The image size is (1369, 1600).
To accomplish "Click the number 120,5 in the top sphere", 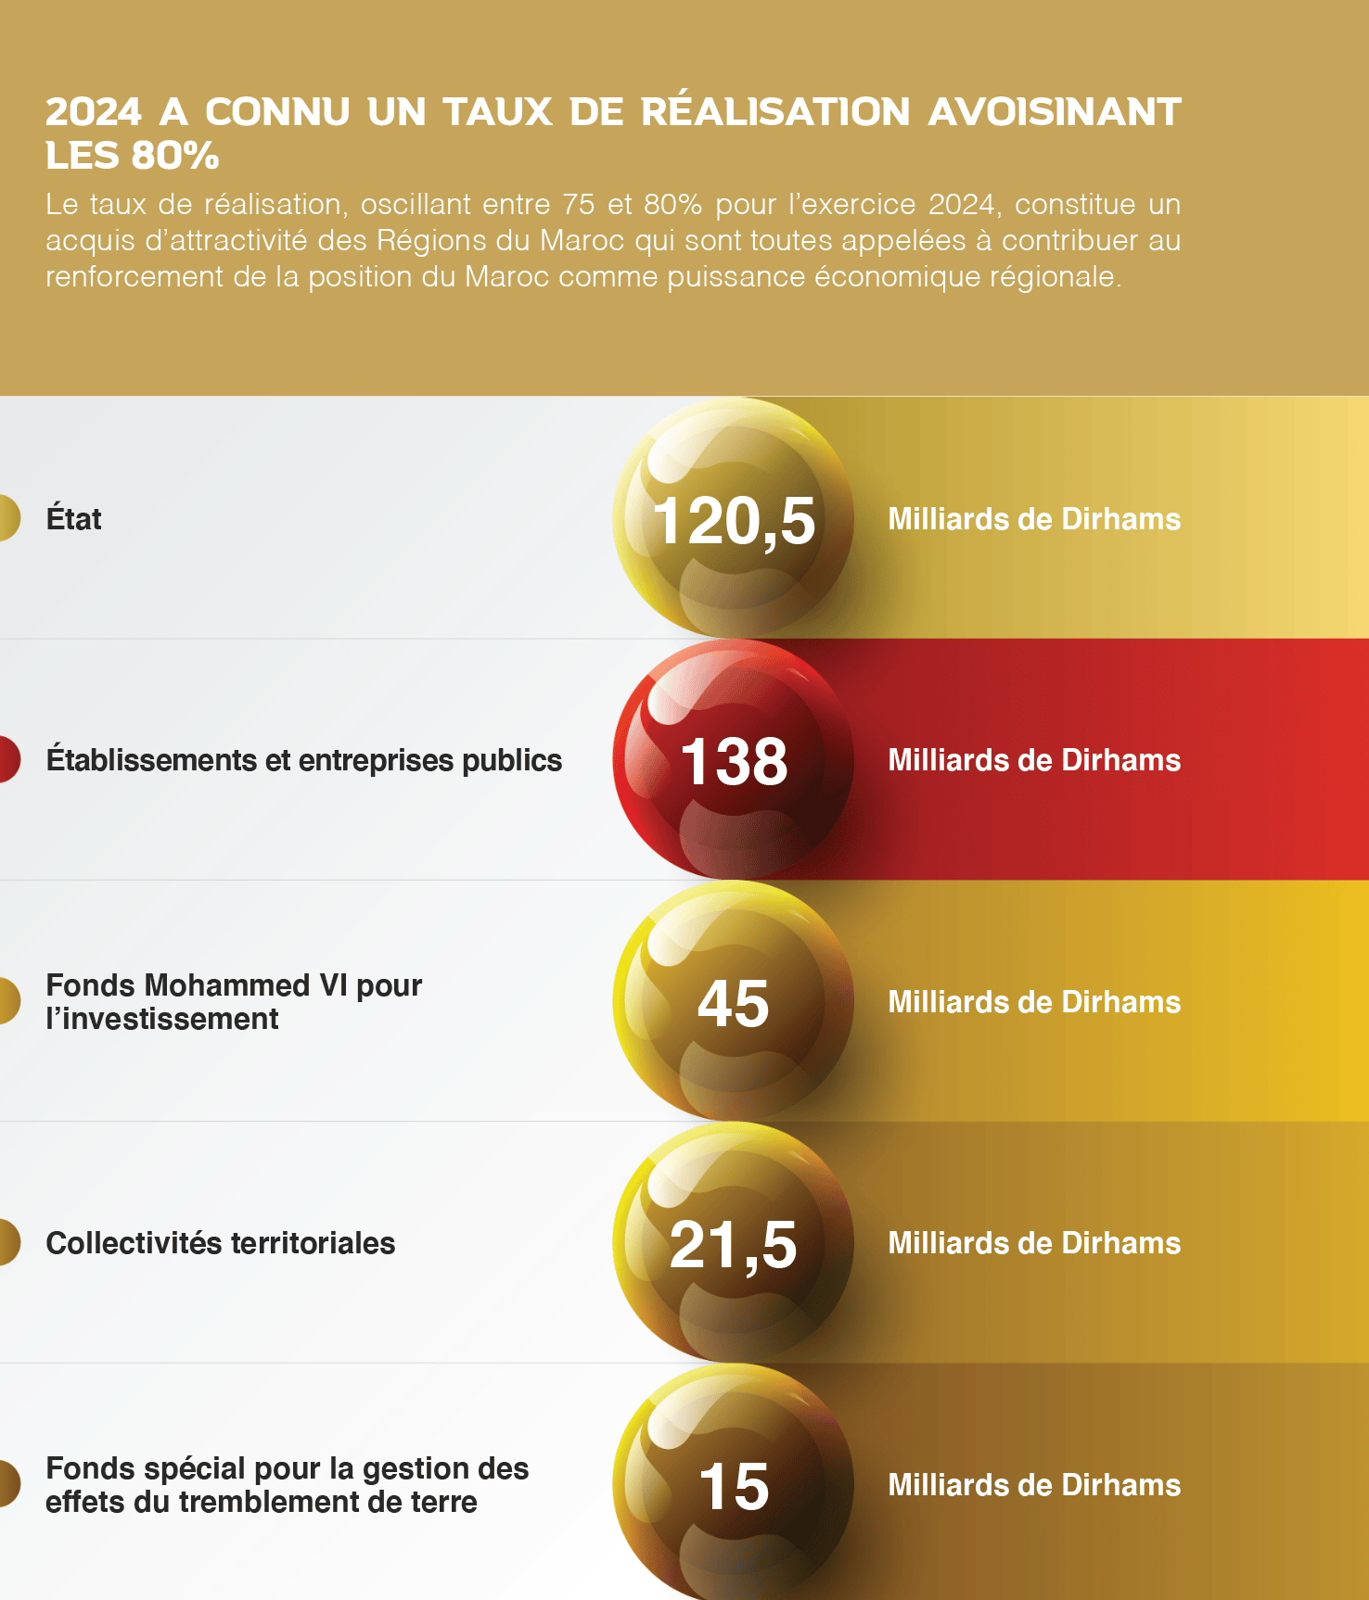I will pyautogui.click(x=734, y=520).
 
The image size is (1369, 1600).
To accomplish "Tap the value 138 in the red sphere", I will pyautogui.click(x=734, y=762).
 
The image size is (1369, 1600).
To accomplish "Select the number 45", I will pyautogui.click(x=734, y=1003).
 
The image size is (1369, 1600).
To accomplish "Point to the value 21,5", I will pyautogui.click(x=734, y=1244).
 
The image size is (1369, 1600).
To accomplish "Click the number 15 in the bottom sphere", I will pyautogui.click(x=734, y=1486).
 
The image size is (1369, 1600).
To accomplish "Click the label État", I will pyautogui.click(x=73, y=518).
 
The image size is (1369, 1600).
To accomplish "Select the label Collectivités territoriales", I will pyautogui.click(x=221, y=1243).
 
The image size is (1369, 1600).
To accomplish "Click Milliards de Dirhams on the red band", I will pyautogui.click(x=1034, y=760).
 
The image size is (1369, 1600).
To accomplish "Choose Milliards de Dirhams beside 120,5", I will pyautogui.click(x=1034, y=519).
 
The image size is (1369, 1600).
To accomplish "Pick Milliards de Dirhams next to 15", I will pyautogui.click(x=1034, y=1485).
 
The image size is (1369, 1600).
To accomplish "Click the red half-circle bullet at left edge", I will pyautogui.click(x=8, y=759).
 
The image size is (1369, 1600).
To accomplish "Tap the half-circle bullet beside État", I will pyautogui.click(x=8, y=518).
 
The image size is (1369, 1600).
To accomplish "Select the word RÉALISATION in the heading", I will pyautogui.click(x=775, y=112).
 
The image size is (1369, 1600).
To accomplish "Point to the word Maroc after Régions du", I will pyautogui.click(x=582, y=241).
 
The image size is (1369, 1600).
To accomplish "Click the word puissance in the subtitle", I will pyautogui.click(x=736, y=277).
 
